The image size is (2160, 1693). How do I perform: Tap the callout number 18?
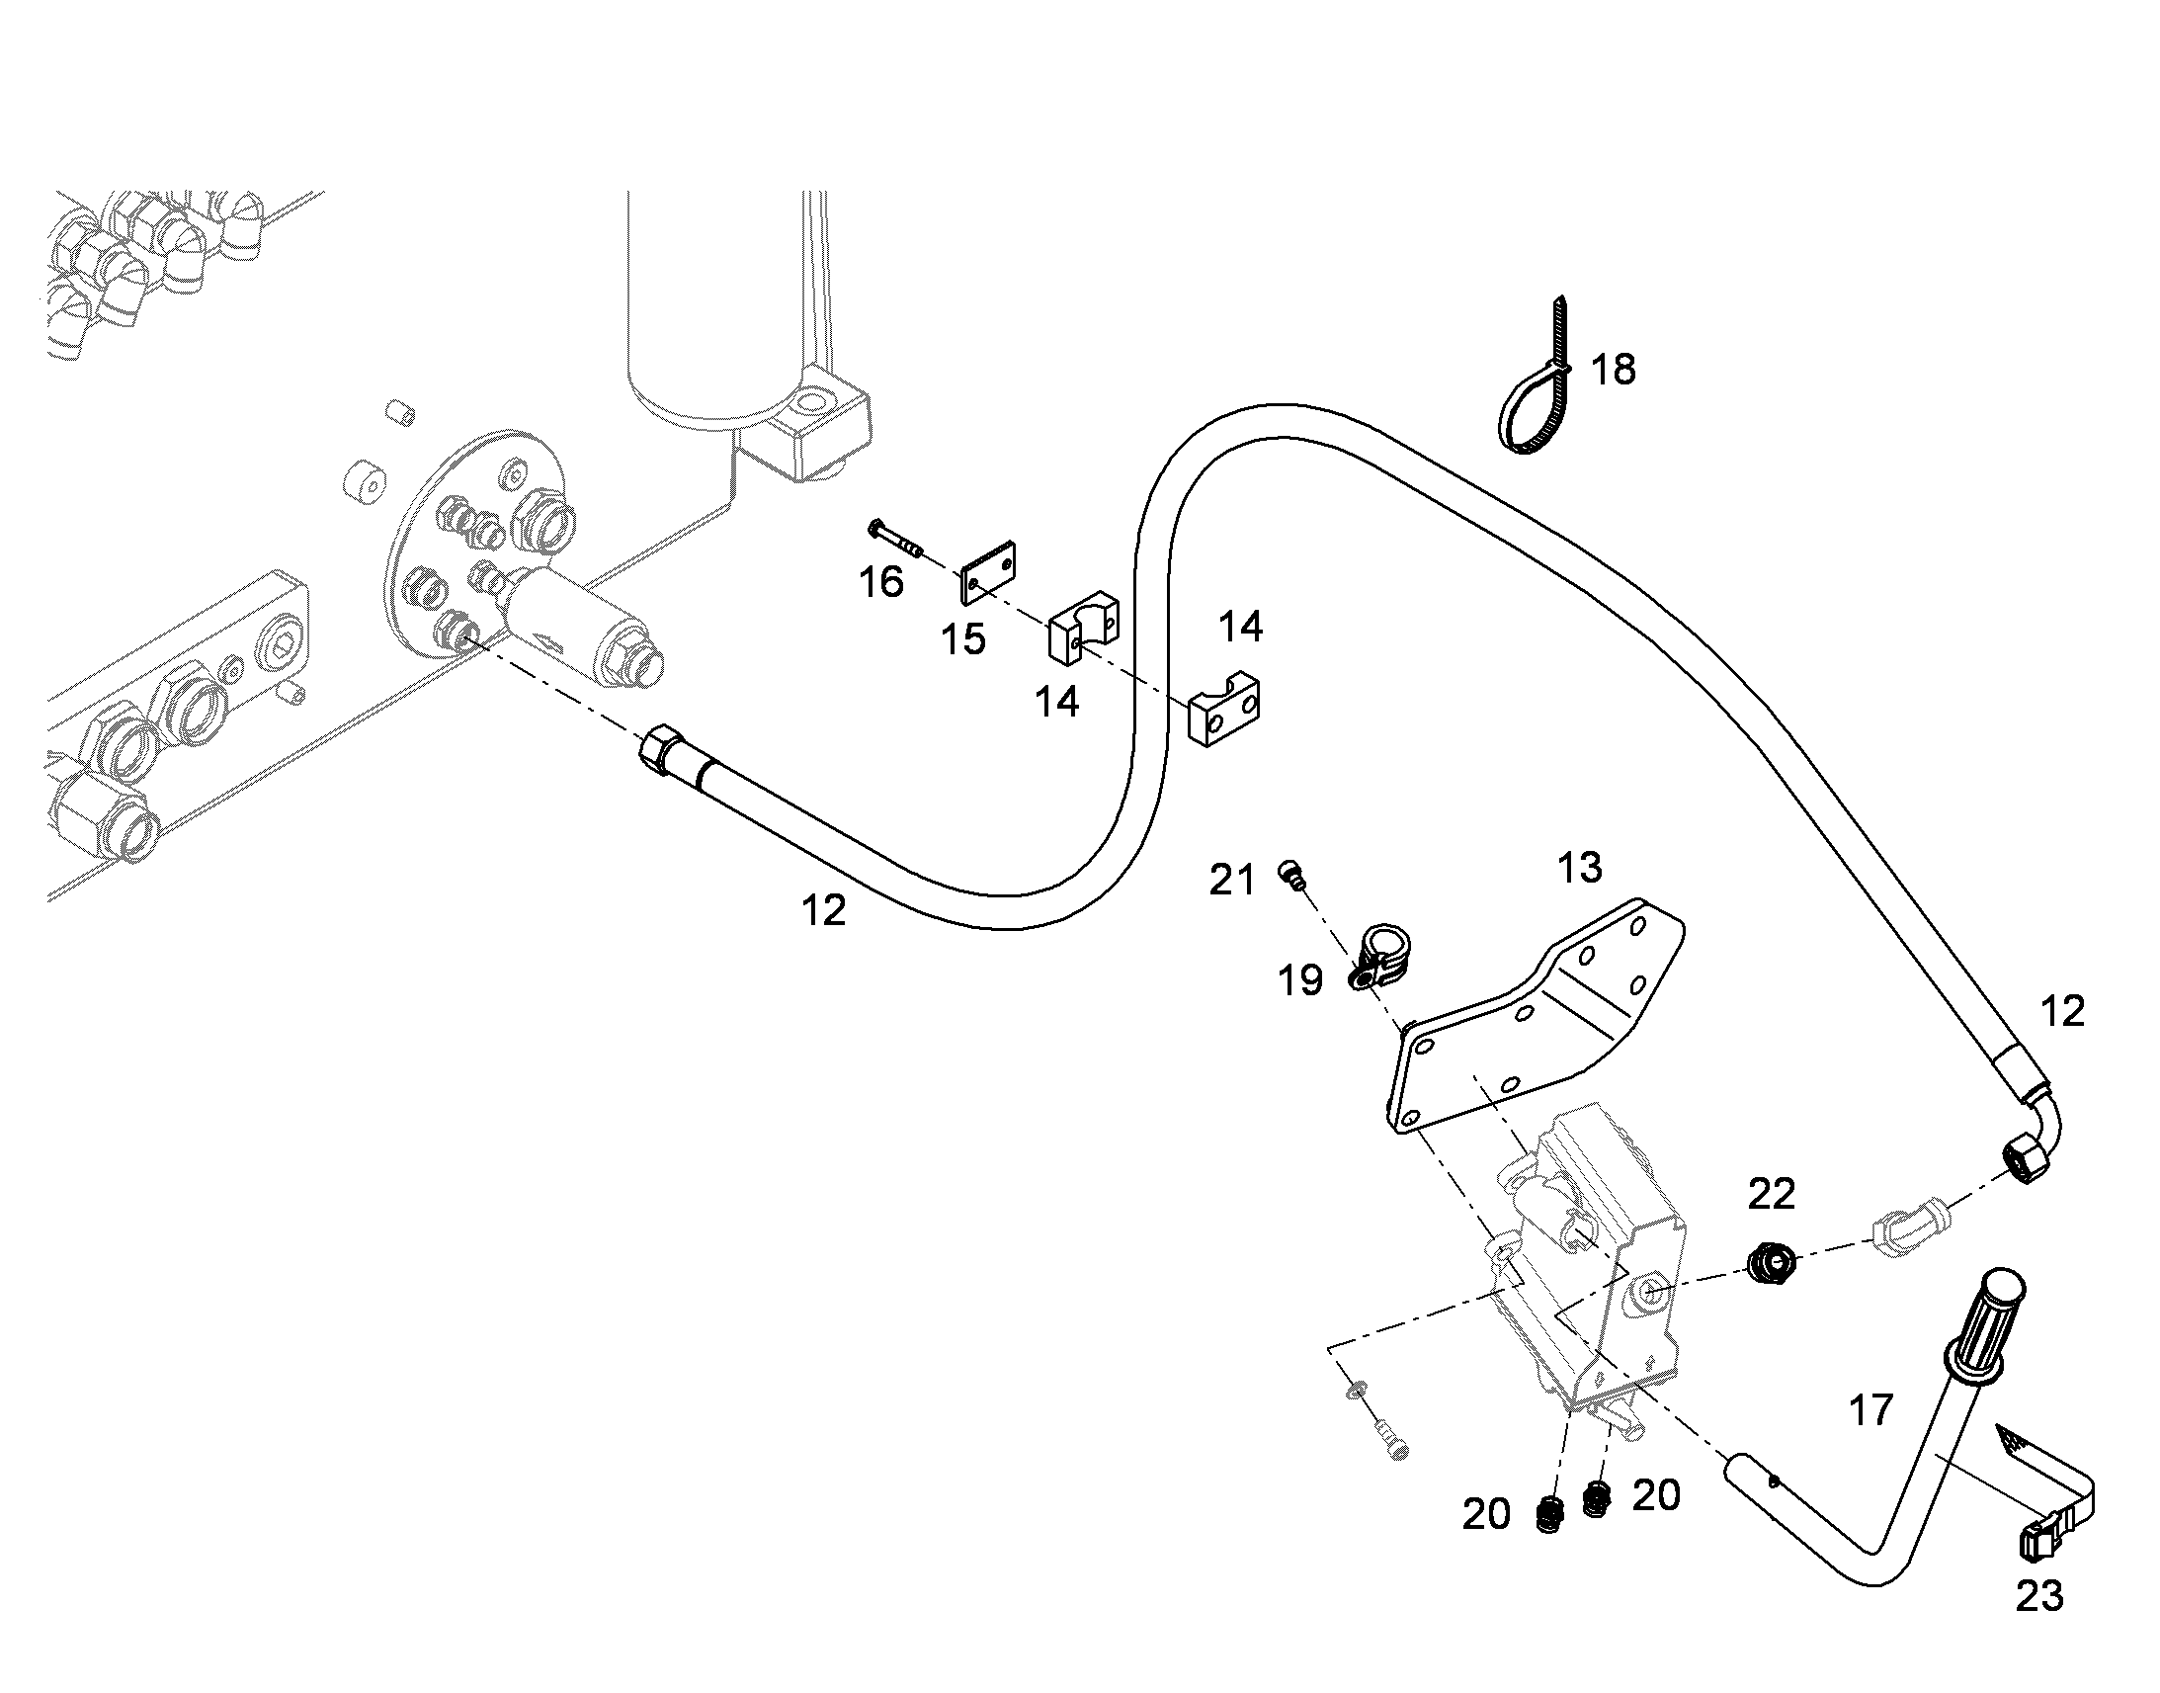[x=1613, y=370]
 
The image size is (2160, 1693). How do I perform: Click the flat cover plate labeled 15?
[x=989, y=572]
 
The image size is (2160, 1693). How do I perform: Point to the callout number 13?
[x=1579, y=868]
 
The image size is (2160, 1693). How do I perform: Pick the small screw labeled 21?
[x=1292, y=874]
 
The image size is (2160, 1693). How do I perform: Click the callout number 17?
[x=1870, y=1410]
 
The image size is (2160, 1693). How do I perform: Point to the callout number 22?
[x=1772, y=1195]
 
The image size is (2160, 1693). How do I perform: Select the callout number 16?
[x=880, y=582]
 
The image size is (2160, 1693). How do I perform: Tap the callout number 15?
[x=963, y=639]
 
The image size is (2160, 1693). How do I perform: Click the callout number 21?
[x=1231, y=880]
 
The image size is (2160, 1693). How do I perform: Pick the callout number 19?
[x=1300, y=980]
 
